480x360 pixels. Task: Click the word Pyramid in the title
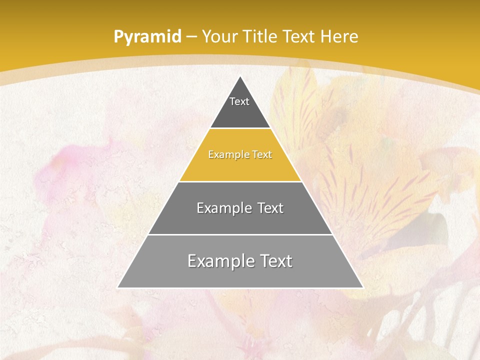coord(147,37)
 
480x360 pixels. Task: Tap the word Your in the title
coord(220,36)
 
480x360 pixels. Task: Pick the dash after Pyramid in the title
coord(191,37)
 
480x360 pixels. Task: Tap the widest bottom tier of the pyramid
coord(240,275)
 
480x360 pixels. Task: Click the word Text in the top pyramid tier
coord(239,101)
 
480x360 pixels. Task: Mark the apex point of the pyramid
coord(240,76)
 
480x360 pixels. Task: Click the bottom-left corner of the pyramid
coord(118,287)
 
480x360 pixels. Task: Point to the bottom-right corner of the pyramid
coord(363,287)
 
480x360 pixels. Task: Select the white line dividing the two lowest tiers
coord(240,234)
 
